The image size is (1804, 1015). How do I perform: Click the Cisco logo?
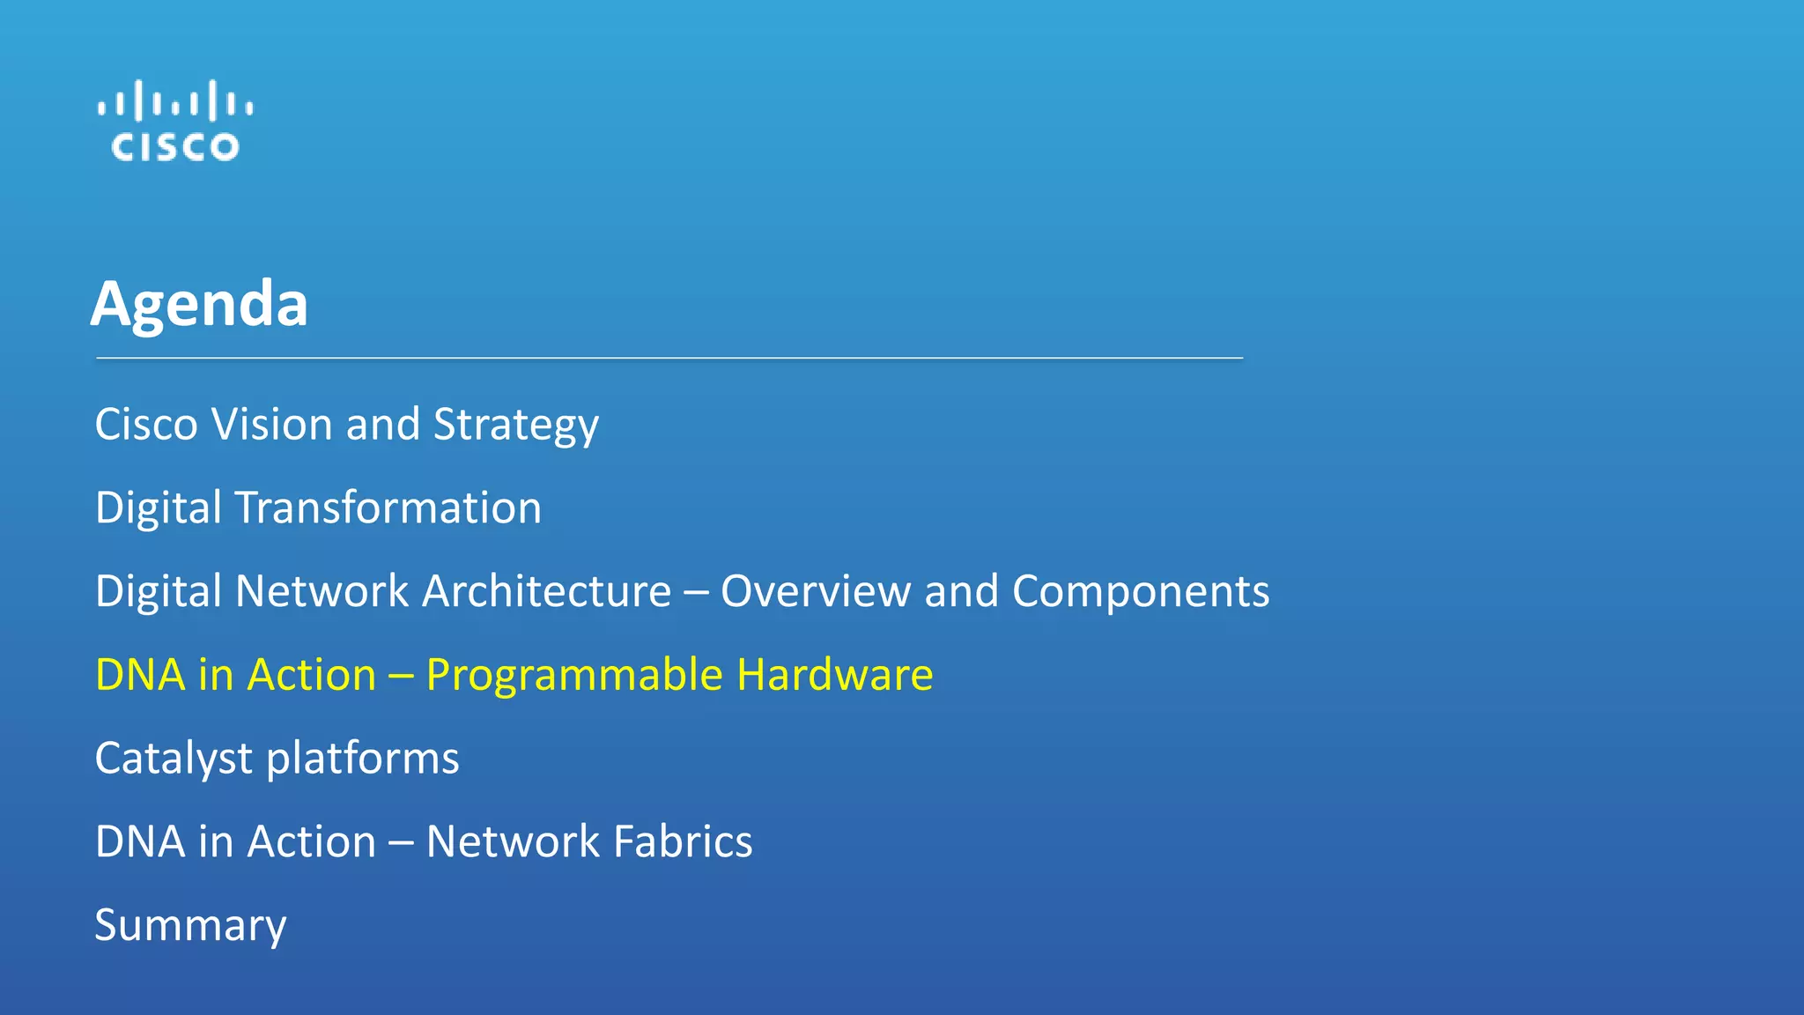(x=175, y=122)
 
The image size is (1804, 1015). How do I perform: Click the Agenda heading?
(x=199, y=304)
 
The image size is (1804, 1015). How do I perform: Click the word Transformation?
(x=388, y=508)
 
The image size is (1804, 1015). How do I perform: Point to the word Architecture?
(x=546, y=591)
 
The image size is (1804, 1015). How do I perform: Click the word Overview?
(x=815, y=591)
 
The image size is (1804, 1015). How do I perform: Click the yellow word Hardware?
(x=834, y=675)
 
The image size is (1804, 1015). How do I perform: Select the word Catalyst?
(x=174, y=759)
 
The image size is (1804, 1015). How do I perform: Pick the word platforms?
(x=362, y=759)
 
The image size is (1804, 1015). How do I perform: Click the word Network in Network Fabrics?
(x=513, y=841)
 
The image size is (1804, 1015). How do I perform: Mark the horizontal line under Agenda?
(x=669, y=359)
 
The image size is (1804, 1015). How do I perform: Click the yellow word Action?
(x=312, y=675)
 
